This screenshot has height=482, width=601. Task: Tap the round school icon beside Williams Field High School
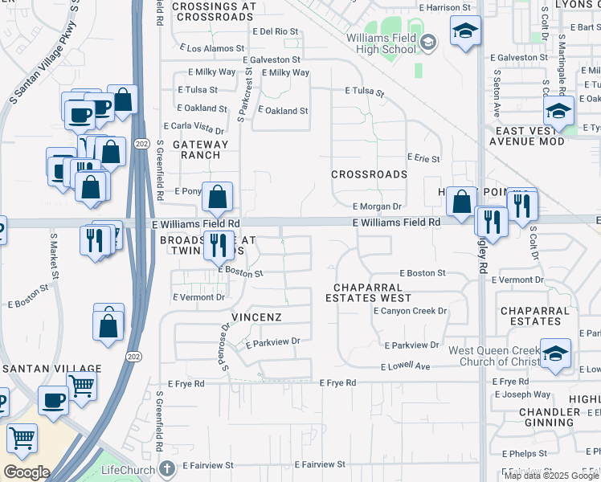[x=428, y=43]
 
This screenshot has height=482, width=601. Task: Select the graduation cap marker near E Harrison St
[x=464, y=32]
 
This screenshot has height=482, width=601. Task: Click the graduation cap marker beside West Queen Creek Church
[x=555, y=354]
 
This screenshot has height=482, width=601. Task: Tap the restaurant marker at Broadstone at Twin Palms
[x=219, y=244]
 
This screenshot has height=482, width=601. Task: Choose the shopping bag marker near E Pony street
[x=218, y=197]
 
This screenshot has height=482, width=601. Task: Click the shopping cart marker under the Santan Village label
[x=81, y=386]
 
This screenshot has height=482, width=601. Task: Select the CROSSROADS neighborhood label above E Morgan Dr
[x=370, y=174]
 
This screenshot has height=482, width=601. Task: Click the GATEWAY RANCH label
[x=195, y=149]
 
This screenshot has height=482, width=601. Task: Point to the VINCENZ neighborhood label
[x=256, y=317]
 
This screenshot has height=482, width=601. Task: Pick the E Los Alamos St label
[x=215, y=49]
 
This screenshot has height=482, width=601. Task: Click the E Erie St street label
[x=423, y=159]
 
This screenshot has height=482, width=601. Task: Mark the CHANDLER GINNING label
[x=550, y=417]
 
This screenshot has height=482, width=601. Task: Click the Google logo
[x=27, y=472]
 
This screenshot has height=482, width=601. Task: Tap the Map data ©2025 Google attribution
[x=550, y=476]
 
